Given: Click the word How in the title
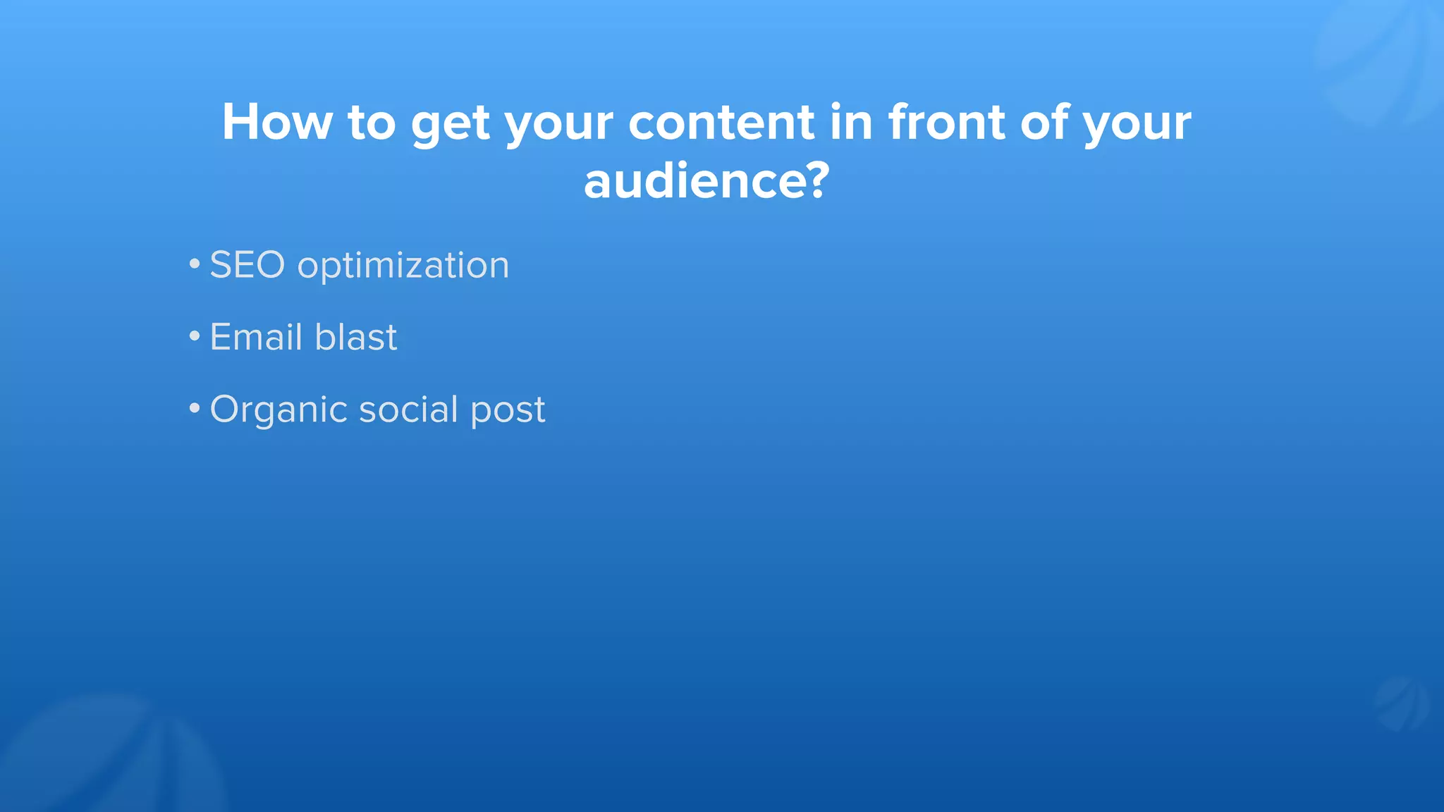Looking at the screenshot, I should (x=276, y=122).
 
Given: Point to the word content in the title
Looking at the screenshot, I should (x=721, y=122).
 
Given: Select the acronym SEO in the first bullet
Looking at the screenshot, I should (x=247, y=265).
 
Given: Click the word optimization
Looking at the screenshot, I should (x=403, y=266).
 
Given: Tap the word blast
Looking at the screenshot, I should (x=355, y=337).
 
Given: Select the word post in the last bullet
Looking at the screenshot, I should (x=508, y=410).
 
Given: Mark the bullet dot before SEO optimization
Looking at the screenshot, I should (x=195, y=265).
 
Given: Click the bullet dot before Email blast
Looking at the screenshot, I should (x=195, y=337).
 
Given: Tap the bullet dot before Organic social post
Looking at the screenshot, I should (x=195, y=409).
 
